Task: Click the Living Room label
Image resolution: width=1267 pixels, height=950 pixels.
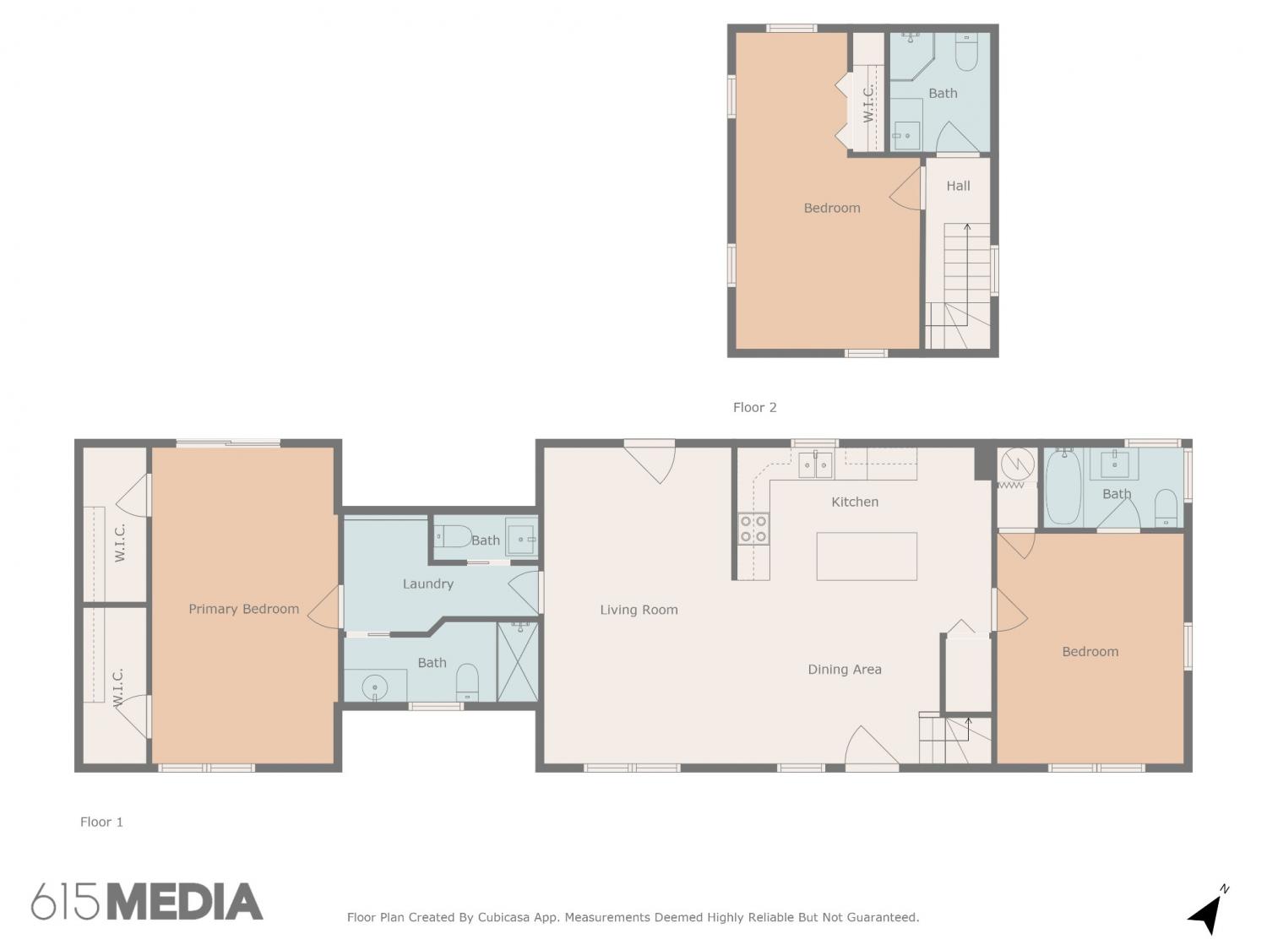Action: point(639,610)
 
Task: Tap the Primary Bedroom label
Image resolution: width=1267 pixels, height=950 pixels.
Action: point(243,609)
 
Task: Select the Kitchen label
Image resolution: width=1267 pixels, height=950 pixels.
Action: point(855,502)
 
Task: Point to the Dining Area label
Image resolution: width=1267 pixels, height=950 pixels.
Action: point(845,669)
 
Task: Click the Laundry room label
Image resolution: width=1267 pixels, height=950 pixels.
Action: point(427,584)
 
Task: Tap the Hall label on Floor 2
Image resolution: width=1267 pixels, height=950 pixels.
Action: point(958,186)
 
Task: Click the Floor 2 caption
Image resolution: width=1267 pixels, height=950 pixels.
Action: point(754,407)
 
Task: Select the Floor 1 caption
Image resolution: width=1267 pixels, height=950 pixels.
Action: point(101,822)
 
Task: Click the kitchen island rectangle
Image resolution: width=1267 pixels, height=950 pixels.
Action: point(867,556)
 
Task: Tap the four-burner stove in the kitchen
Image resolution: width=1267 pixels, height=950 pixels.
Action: point(753,529)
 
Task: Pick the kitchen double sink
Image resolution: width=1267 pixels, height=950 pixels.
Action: point(815,465)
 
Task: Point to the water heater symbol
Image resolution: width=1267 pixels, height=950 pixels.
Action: point(1018,464)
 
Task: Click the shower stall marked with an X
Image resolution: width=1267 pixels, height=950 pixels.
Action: point(517,662)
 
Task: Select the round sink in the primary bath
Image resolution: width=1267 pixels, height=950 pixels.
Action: point(375,687)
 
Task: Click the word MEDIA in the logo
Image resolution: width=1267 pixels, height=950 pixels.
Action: point(186,901)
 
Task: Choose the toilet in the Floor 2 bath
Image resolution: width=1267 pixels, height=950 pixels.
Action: point(966,52)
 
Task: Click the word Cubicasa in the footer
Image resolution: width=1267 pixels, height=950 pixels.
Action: point(503,917)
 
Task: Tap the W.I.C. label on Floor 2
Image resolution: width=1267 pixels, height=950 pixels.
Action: point(868,105)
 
